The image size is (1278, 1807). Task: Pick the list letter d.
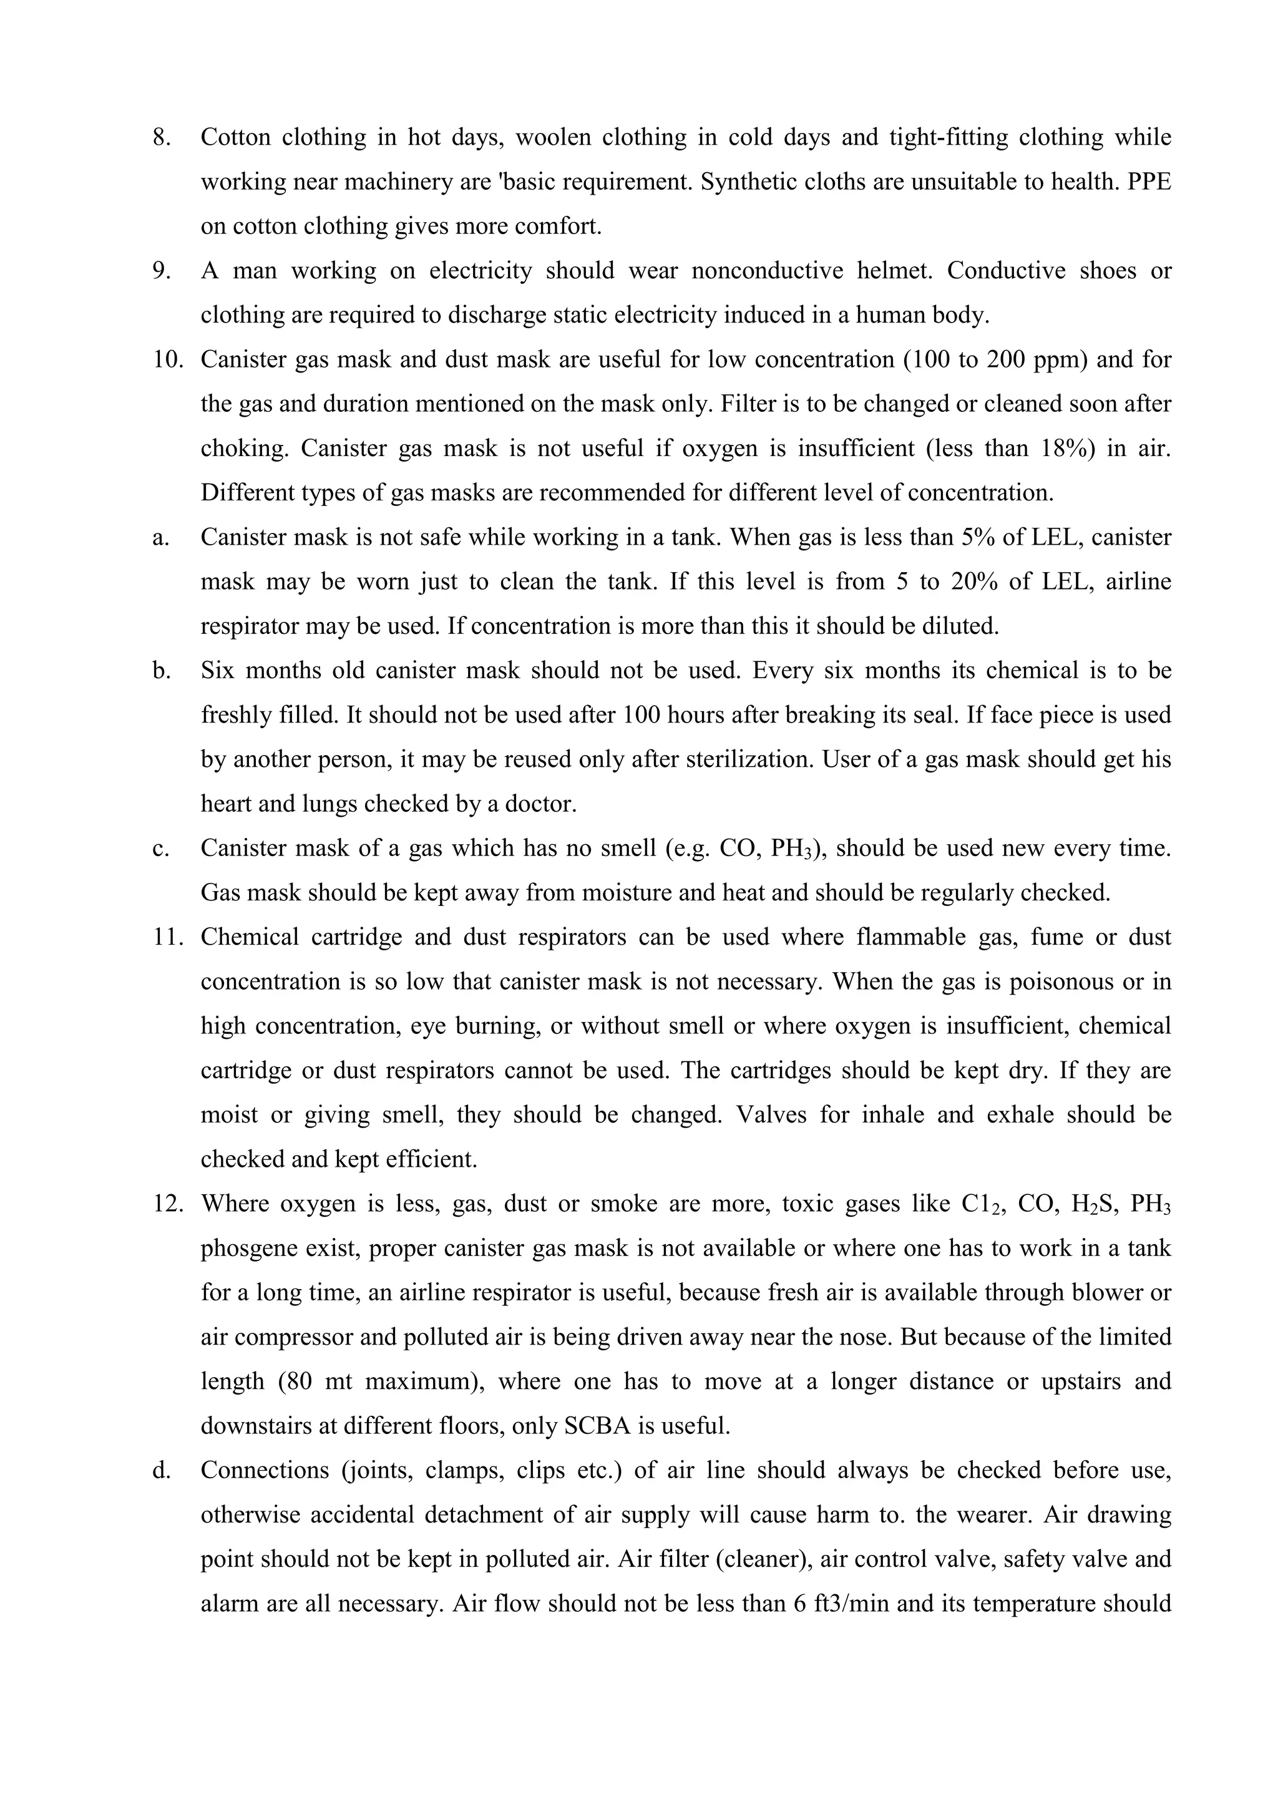point(160,1471)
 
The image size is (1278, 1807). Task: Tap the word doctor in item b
point(540,804)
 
